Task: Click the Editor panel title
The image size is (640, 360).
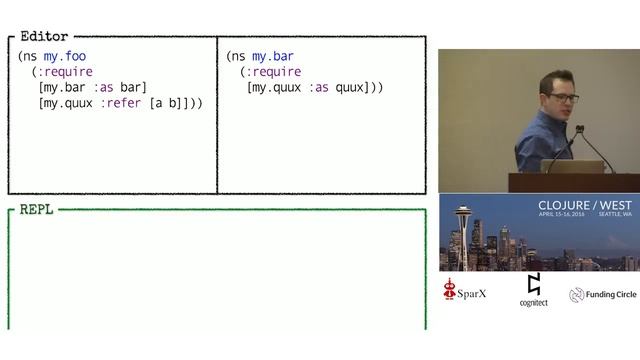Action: point(44,37)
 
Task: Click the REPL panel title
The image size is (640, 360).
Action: point(36,210)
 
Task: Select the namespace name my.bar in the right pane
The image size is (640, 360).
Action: point(273,56)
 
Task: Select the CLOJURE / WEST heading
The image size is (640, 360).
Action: point(584,205)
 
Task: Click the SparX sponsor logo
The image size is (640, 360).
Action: point(468,293)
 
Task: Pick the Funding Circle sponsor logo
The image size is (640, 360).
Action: point(602,295)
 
